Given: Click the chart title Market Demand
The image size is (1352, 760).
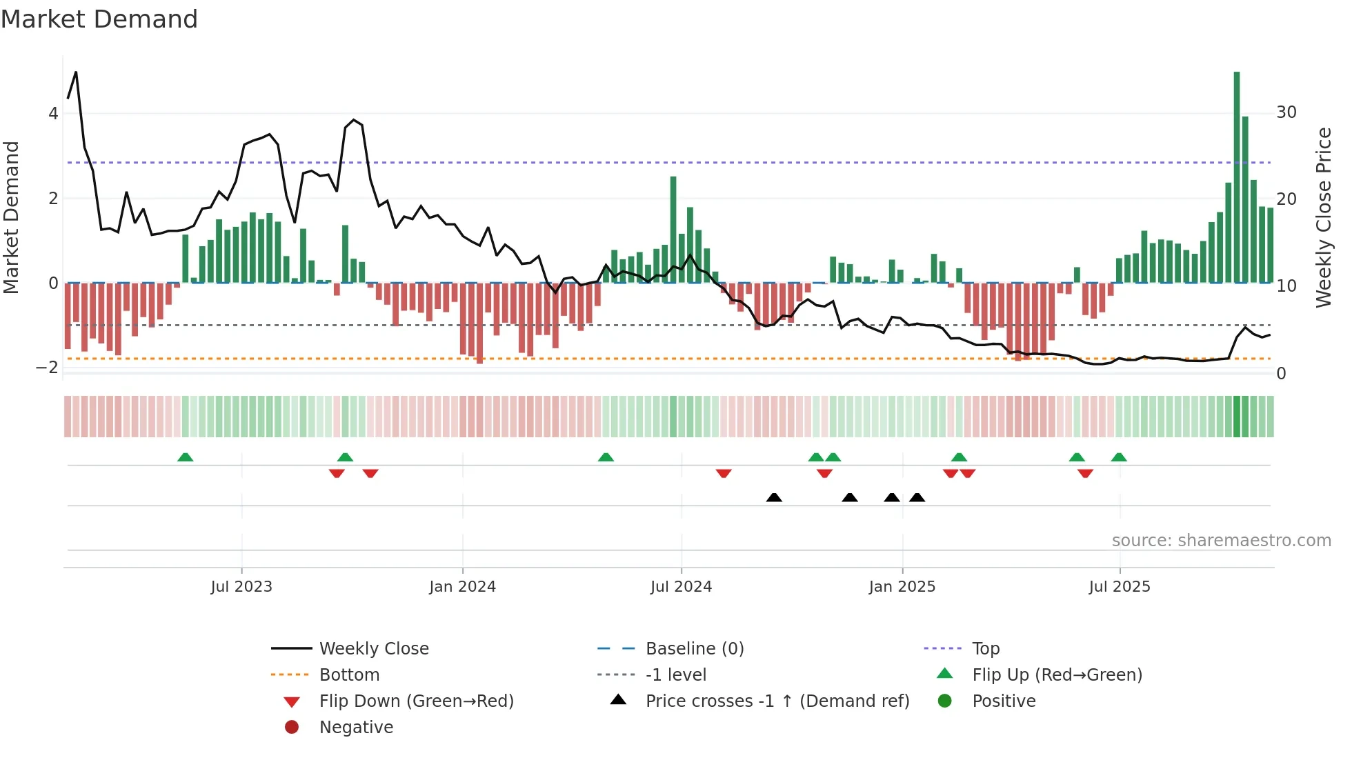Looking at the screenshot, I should pyautogui.click(x=99, y=19).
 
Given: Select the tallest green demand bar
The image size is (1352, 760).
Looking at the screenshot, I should pyautogui.click(x=1237, y=177).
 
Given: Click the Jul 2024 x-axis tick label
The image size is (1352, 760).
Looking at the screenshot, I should pyautogui.click(x=681, y=587).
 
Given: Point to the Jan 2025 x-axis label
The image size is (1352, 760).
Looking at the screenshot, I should pyautogui.click(x=902, y=587).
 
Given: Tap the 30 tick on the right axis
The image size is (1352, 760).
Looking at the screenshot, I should pyautogui.click(x=1286, y=112).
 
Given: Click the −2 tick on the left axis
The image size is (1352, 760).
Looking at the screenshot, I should pyautogui.click(x=48, y=368).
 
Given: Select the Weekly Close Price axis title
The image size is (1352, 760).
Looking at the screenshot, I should pyautogui.click(x=1323, y=217).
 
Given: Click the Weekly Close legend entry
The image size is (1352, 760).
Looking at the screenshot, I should pyautogui.click(x=373, y=649).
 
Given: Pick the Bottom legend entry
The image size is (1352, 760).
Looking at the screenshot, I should pyautogui.click(x=349, y=675).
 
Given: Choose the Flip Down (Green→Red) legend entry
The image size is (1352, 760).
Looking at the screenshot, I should pyautogui.click(x=416, y=701).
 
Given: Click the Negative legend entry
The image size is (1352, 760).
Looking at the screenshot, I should pyautogui.click(x=356, y=728).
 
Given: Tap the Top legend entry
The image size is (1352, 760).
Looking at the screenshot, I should pyautogui.click(x=985, y=649).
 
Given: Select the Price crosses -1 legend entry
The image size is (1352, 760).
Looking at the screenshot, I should pyautogui.click(x=777, y=701).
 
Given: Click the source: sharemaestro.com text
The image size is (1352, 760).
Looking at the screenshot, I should pyautogui.click(x=1221, y=541).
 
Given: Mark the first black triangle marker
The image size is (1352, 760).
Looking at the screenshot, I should pyautogui.click(x=774, y=498).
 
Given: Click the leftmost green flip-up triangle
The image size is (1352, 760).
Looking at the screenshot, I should pyautogui.click(x=185, y=457).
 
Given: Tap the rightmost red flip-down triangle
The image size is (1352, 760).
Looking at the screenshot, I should pyautogui.click(x=1085, y=473).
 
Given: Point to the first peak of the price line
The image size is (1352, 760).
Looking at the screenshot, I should pyautogui.click(x=76, y=72).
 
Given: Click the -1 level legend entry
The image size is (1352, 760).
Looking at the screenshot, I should pyautogui.click(x=675, y=675).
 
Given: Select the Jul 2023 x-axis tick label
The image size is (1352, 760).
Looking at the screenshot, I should pyautogui.click(x=241, y=587).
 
